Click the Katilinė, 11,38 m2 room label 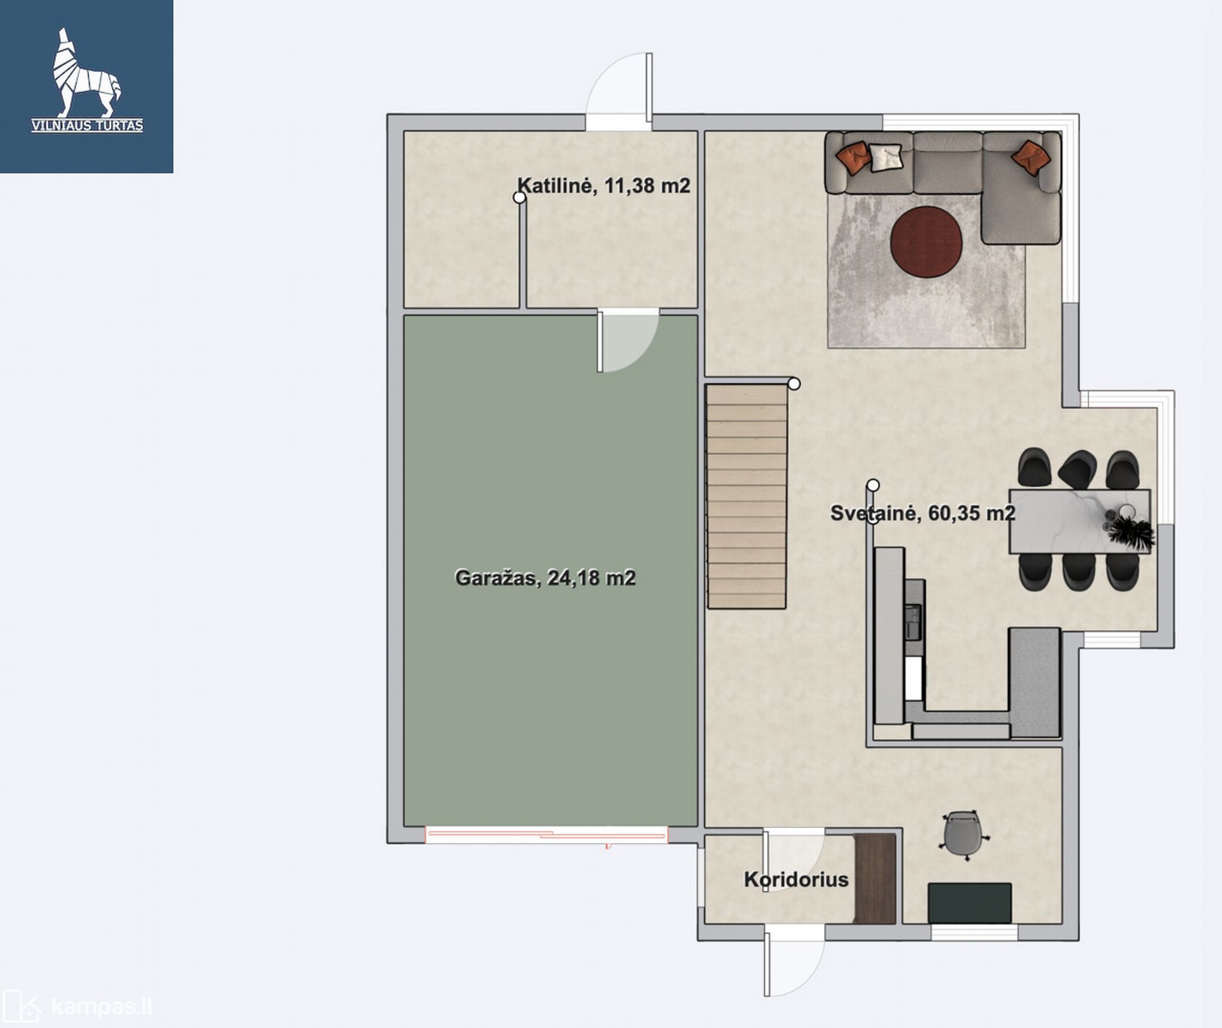pos(604,186)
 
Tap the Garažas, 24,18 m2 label pos(545,578)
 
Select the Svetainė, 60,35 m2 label pos(923,513)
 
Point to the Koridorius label pos(796,879)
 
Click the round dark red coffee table pos(926,241)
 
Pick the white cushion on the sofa pos(886,158)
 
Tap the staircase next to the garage pos(747,496)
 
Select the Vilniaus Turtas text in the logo pos(87,125)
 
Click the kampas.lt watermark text pos(102,1006)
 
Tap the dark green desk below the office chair pos(970,903)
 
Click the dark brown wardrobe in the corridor pos(875,879)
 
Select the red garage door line pos(547,836)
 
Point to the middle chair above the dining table pos(1077,469)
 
